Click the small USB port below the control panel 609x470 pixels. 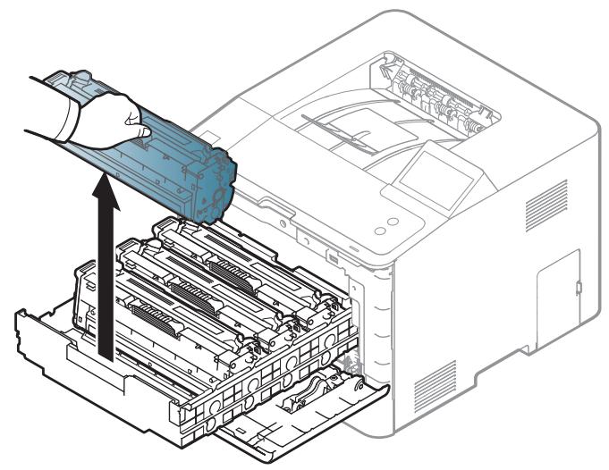(x=333, y=258)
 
